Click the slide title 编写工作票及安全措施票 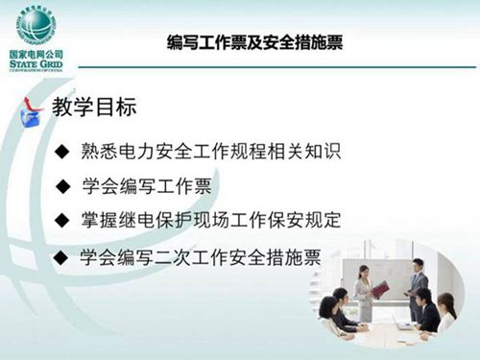[x=254, y=42]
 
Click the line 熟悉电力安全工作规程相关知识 [x=211, y=151]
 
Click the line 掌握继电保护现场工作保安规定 [x=211, y=220]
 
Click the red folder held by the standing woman [x=380, y=288]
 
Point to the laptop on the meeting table [x=403, y=326]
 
